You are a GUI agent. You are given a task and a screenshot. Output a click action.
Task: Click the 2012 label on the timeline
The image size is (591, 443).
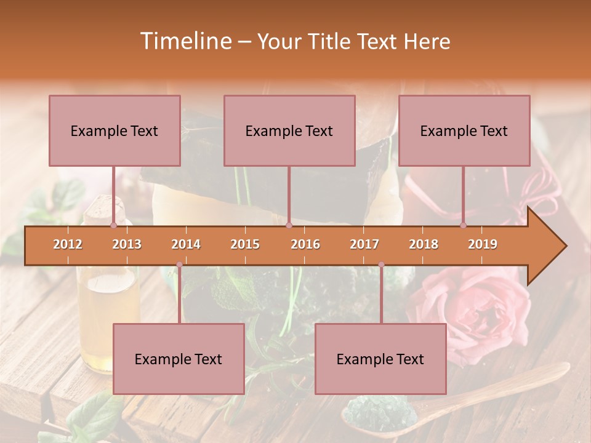point(68,244)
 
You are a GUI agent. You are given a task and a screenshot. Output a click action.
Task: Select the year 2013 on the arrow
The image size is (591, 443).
point(127,244)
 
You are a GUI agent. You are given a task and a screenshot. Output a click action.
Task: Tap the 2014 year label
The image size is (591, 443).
point(186,244)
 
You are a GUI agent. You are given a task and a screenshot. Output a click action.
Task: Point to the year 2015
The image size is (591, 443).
point(245,244)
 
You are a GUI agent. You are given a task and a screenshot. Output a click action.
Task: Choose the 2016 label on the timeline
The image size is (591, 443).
point(305,244)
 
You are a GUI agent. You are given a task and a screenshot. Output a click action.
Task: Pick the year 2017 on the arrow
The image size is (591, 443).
point(364,244)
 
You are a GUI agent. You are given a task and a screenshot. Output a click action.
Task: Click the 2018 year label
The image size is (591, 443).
point(424,244)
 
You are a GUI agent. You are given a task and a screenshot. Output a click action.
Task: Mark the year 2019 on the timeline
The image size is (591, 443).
point(483,244)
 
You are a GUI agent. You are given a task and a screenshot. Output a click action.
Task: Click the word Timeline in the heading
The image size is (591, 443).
point(185,41)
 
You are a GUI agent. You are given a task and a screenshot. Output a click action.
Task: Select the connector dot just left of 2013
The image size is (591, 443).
point(113,226)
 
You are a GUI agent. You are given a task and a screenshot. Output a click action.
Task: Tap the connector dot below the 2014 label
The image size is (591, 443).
point(179,265)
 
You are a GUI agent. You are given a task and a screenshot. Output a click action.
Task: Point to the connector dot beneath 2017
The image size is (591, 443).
point(381,265)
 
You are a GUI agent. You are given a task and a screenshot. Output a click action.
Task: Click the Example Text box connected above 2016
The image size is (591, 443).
point(289,130)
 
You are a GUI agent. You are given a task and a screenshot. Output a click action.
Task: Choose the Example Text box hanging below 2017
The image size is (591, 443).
point(380,359)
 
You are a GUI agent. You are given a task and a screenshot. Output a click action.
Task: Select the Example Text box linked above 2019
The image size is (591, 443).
point(464,130)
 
